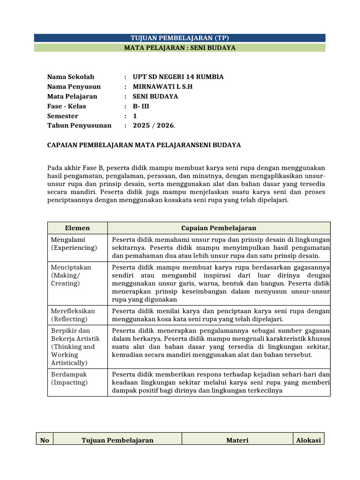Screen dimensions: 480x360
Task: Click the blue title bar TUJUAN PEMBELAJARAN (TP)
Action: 180,38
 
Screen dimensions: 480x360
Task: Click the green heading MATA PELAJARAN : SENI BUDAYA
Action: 180,48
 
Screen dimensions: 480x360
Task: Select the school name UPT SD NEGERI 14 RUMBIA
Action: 178,77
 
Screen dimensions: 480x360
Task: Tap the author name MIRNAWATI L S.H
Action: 163,87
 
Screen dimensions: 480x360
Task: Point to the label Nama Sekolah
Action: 71,77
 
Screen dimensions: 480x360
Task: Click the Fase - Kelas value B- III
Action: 141,106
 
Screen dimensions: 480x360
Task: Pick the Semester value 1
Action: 135,116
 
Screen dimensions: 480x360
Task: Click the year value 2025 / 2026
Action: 154,126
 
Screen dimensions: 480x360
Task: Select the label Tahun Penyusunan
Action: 79,126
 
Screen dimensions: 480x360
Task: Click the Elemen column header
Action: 77,228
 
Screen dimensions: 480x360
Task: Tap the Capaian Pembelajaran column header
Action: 219,228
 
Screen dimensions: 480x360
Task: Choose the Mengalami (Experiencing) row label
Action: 74,244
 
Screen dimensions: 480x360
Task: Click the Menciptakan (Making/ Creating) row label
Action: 71,275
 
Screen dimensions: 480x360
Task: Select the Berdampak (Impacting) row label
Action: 69,379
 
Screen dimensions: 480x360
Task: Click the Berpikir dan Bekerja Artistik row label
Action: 73,347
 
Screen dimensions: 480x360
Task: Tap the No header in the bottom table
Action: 45,440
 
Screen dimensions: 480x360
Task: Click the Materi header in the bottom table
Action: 238,440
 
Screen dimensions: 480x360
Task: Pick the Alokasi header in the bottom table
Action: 308,440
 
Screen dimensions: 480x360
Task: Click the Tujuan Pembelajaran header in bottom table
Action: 118,440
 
